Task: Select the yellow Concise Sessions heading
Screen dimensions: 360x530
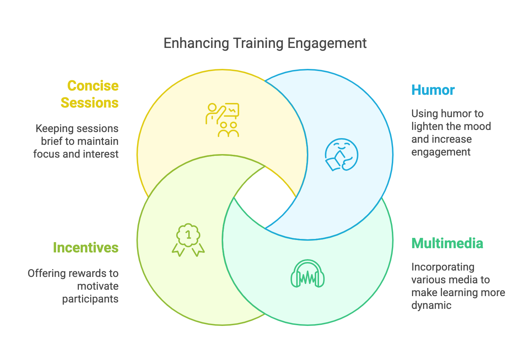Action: click(x=90, y=94)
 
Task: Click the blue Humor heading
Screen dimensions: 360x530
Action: click(x=433, y=90)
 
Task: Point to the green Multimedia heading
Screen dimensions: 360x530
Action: click(x=447, y=244)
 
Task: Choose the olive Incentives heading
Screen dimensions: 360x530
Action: click(x=86, y=247)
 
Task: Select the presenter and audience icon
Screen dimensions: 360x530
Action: click(x=223, y=120)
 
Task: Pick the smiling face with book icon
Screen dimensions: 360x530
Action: click(x=341, y=155)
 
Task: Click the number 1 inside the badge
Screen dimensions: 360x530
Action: click(x=188, y=235)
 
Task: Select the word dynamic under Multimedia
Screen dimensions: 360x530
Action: click(x=431, y=305)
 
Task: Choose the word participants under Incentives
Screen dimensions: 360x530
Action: click(x=90, y=299)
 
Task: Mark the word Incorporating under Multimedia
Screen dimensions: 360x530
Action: click(x=443, y=267)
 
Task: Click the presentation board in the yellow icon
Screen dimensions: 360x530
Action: click(x=232, y=110)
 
